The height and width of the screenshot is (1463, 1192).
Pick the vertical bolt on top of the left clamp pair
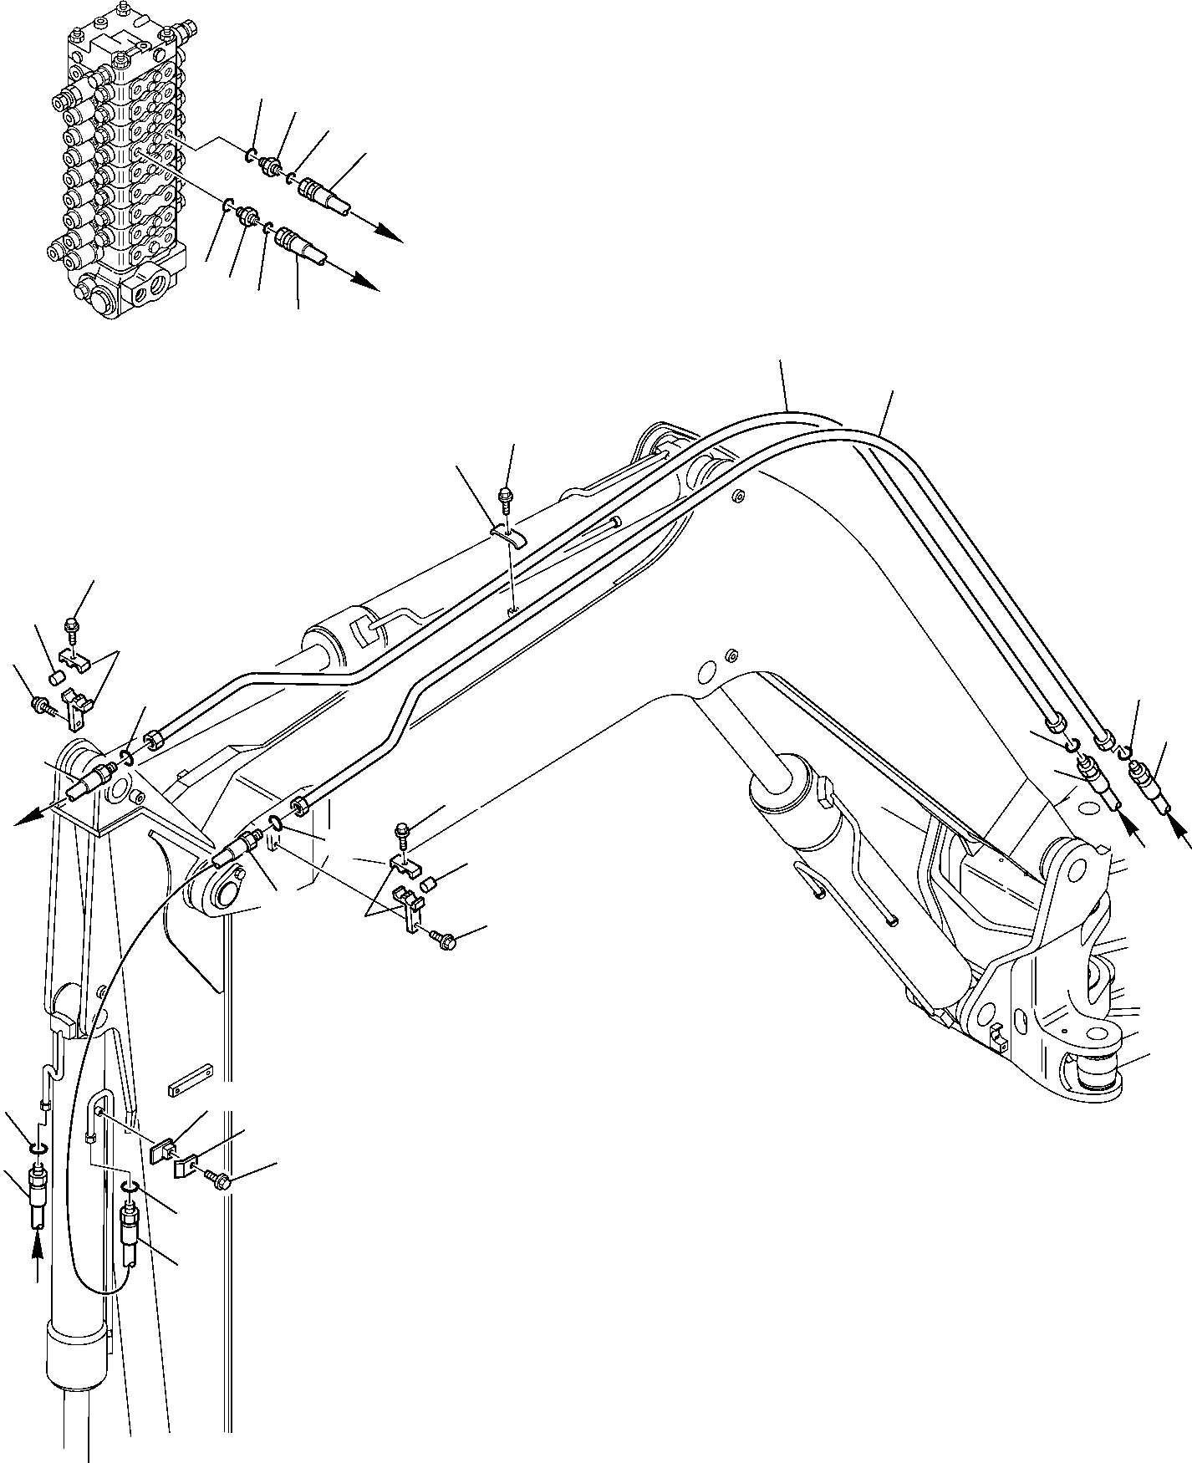click(x=71, y=628)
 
